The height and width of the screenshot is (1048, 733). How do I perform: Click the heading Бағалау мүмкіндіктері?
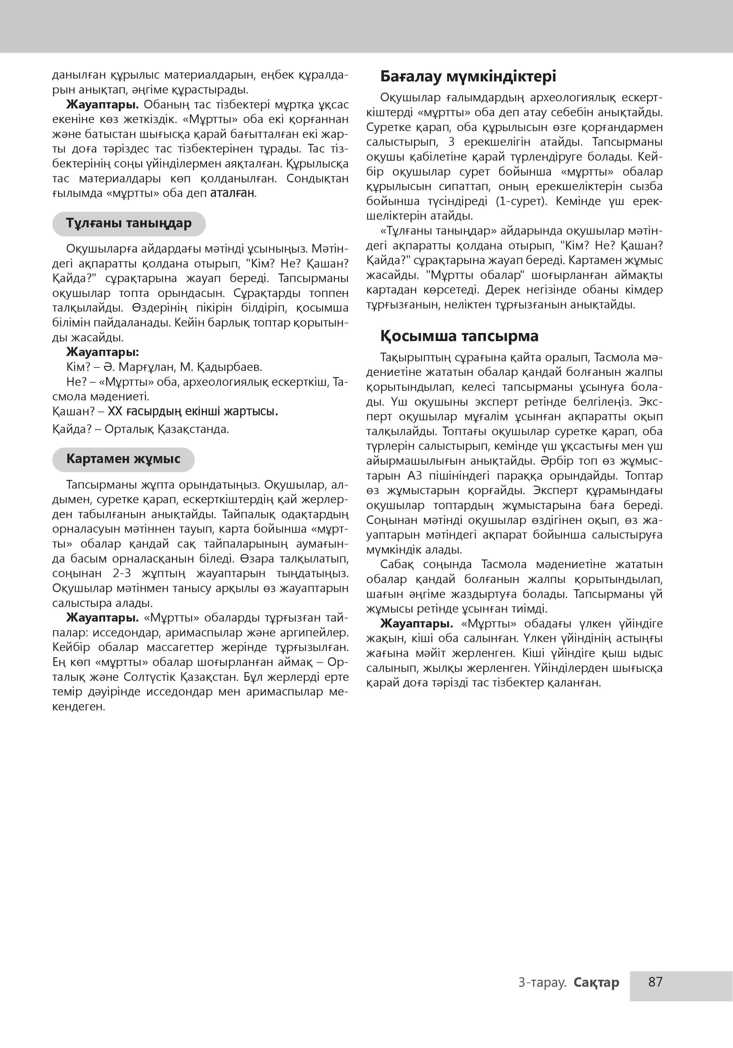pyautogui.click(x=468, y=76)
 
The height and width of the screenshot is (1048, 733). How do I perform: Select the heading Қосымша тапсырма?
pyautogui.click(x=459, y=336)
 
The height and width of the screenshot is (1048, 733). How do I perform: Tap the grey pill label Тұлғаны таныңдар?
pyautogui.click(x=129, y=224)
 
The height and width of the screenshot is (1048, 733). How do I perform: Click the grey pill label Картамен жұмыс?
pyautogui.click(x=123, y=459)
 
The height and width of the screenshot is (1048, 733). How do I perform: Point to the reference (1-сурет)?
pyautogui.click(x=521, y=201)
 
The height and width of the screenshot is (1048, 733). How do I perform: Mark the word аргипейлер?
pyautogui.click(x=318, y=633)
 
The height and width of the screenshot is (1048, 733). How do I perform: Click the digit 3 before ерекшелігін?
pyautogui.click(x=451, y=142)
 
